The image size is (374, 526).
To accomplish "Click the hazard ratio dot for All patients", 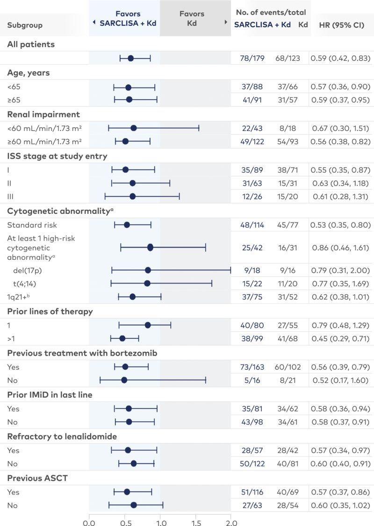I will point(131,58).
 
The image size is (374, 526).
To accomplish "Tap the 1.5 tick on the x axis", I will point(195,519).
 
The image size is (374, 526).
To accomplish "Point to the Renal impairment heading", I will point(43,114).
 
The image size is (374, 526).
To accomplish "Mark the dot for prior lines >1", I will point(122,338).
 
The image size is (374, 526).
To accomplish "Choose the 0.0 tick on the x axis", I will point(89,519).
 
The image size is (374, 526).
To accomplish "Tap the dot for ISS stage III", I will point(132,197).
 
